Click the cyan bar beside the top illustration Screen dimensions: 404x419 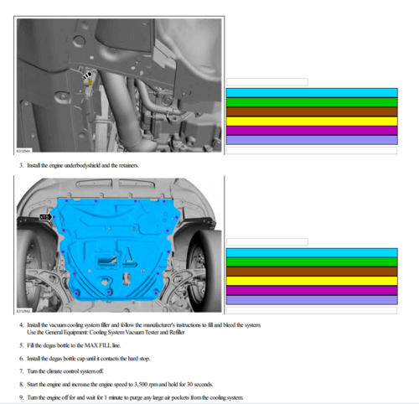tap(312, 92)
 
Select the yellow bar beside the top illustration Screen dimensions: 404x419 tap(312, 121)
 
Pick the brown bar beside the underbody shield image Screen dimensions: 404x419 tap(312, 271)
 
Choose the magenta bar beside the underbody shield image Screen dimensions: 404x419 tap(312, 290)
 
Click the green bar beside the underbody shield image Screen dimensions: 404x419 tap(312, 262)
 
